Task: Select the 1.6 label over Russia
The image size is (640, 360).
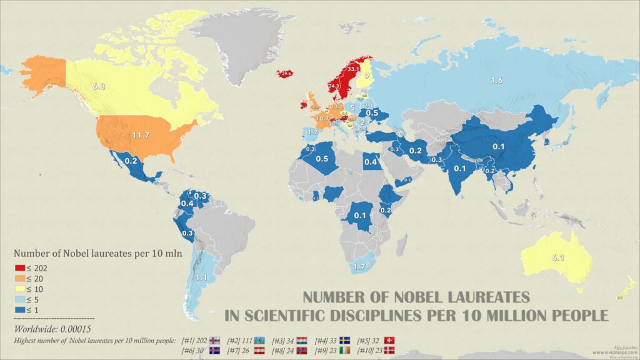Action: [x=496, y=81]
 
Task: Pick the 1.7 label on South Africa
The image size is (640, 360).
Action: [x=359, y=267]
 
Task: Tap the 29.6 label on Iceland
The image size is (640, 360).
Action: [x=286, y=74]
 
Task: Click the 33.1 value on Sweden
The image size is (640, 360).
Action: [x=353, y=68]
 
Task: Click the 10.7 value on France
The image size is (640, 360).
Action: [x=322, y=118]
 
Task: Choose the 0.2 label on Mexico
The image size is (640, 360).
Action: [x=131, y=161]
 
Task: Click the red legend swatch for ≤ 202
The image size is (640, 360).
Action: [x=19, y=268]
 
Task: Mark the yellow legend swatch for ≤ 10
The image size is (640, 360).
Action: [x=19, y=288]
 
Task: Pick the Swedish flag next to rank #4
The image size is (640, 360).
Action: [x=345, y=341]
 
